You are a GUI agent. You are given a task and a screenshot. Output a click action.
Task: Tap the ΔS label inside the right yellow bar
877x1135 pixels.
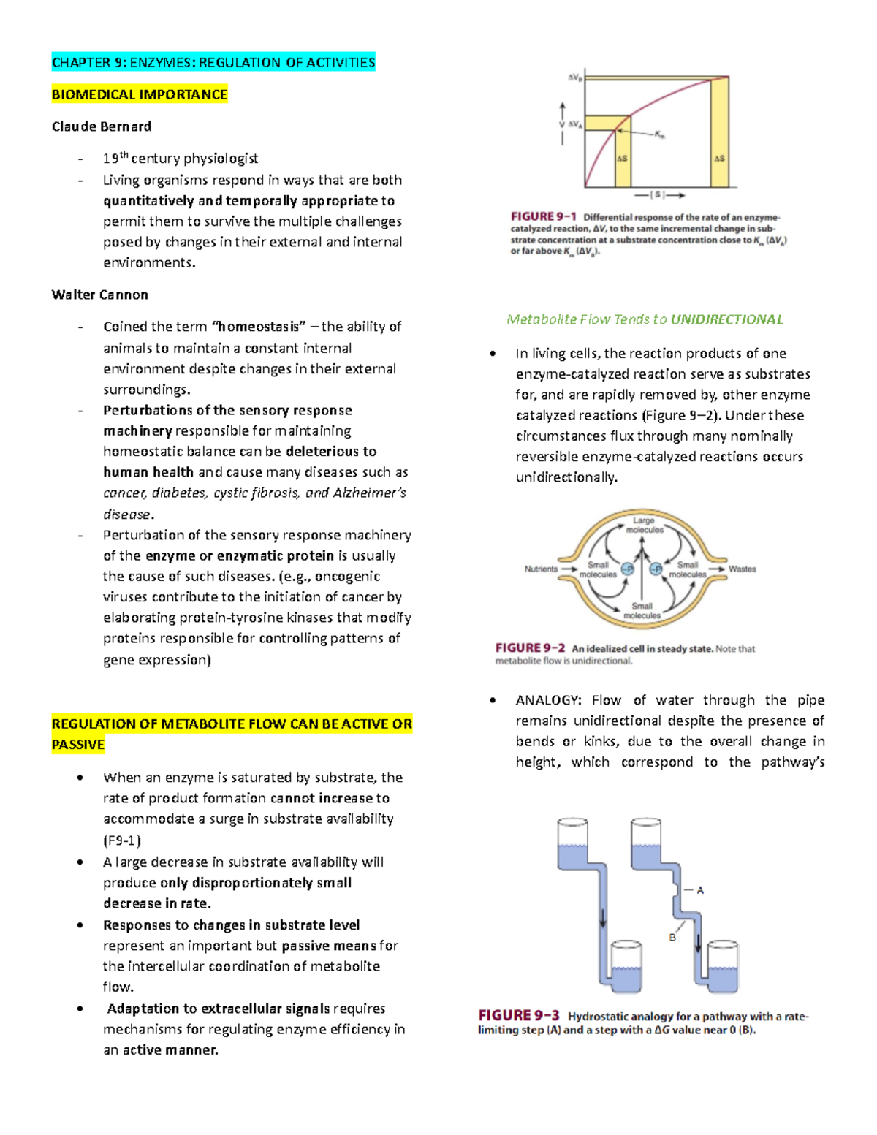[719, 158]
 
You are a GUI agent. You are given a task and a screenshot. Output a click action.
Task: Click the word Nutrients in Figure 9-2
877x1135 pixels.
[541, 569]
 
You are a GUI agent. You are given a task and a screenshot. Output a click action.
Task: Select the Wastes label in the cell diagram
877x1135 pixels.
[743, 569]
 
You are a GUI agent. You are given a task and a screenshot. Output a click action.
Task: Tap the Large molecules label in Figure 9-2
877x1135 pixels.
[644, 525]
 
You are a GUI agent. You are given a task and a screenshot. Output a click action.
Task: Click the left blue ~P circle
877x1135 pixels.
[627, 569]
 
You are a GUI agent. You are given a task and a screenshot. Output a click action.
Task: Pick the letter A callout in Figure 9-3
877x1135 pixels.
[700, 890]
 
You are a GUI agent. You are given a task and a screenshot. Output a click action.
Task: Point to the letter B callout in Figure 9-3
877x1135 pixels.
[672, 938]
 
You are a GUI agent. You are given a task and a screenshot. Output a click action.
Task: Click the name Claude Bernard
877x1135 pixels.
[102, 126]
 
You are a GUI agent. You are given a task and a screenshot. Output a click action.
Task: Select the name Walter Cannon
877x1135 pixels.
[100, 295]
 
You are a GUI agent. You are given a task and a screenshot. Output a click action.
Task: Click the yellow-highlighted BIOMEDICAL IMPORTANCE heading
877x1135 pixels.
[140, 94]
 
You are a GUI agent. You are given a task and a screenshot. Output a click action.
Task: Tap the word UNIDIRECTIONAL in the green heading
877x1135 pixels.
[726, 319]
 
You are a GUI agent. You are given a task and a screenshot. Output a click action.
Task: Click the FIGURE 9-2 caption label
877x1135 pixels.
[530, 648]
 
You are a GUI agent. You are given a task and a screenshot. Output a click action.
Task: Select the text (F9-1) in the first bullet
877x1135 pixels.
[122, 840]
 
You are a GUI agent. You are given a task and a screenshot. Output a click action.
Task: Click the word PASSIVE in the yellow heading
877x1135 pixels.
[78, 745]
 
